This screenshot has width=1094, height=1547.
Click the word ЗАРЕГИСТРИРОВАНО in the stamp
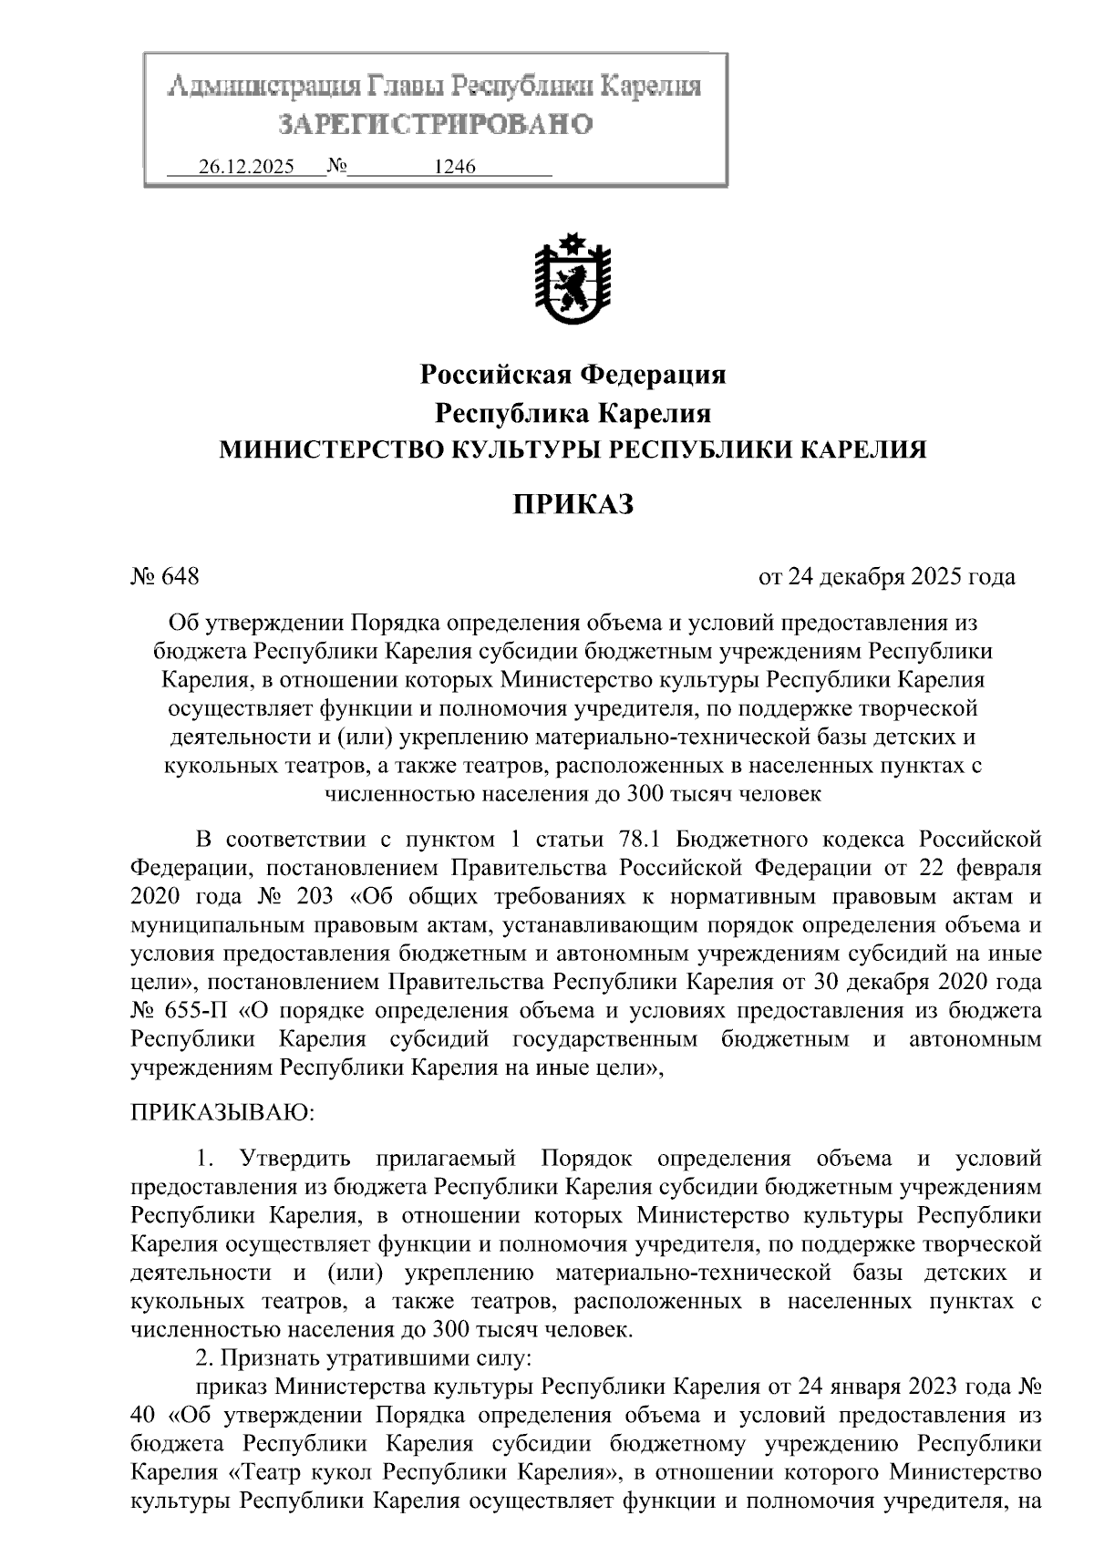pyautogui.click(x=435, y=124)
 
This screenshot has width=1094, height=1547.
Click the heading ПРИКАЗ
pyautogui.click(x=572, y=504)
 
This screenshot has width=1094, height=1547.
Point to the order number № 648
pyautogui.click(x=165, y=577)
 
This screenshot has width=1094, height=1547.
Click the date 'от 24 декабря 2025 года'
pyautogui.click(x=887, y=577)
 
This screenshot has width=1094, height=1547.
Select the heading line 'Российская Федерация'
pyautogui.click(x=573, y=374)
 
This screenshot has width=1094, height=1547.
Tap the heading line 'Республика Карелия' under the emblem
pyautogui.click(x=573, y=413)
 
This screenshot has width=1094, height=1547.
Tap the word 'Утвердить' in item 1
pyautogui.click(x=294, y=1160)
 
